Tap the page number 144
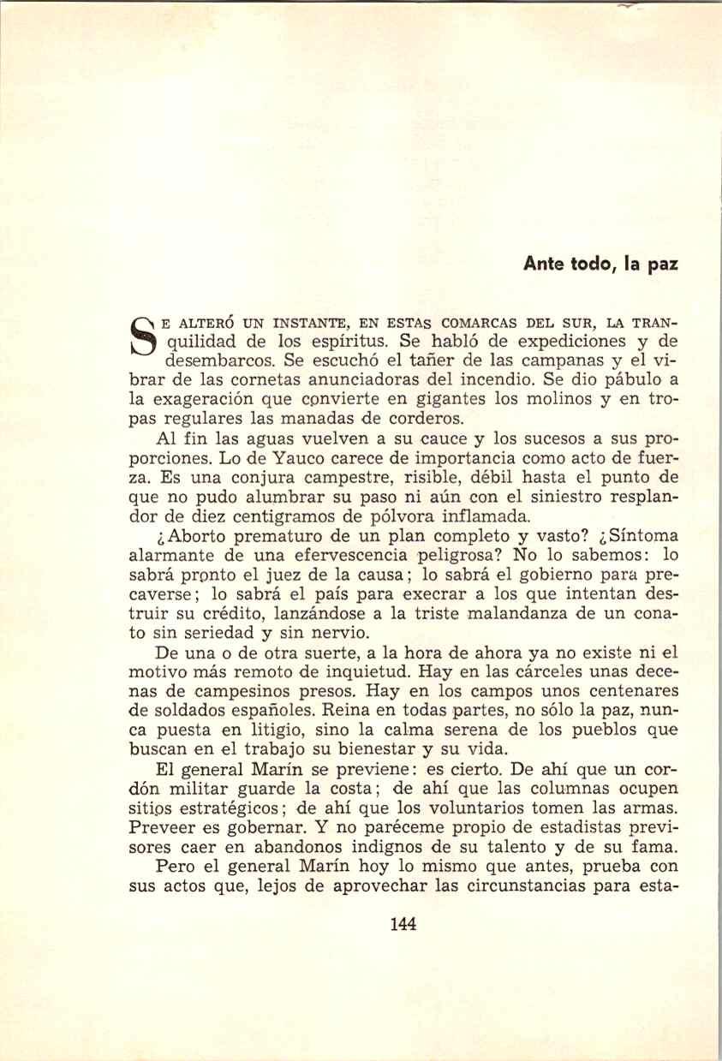click(x=403, y=923)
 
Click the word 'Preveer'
click(x=161, y=828)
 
